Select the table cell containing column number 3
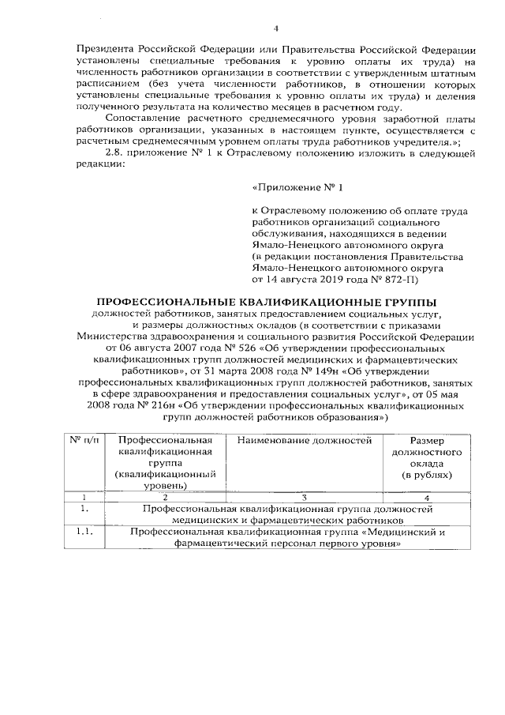tap(304, 497)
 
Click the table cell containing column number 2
tap(165, 497)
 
